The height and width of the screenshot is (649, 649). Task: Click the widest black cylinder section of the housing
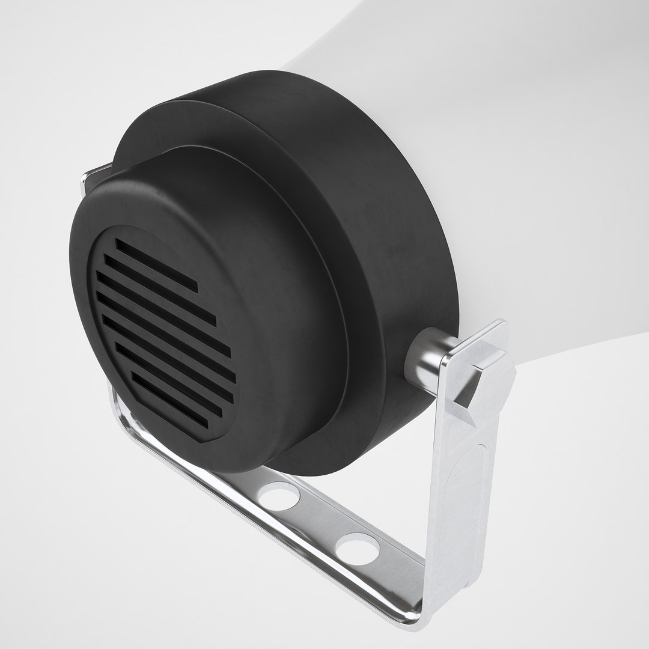click(385, 240)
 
